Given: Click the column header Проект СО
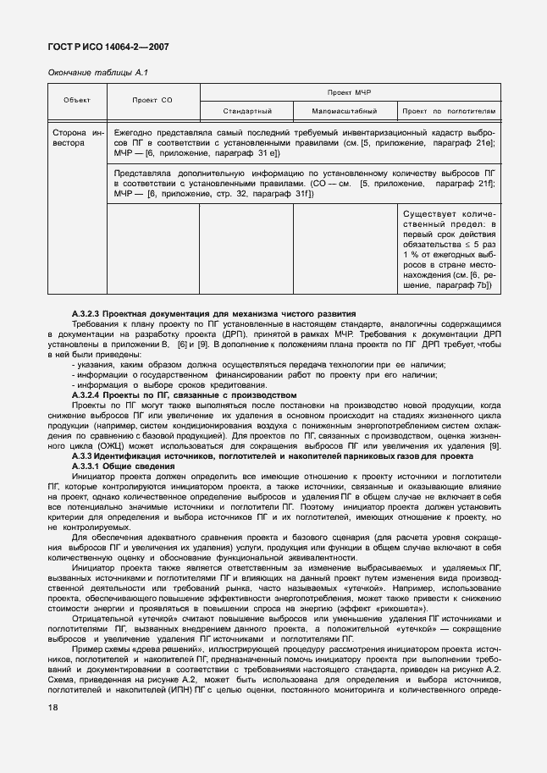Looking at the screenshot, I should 152,101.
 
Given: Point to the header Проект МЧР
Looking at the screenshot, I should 349,91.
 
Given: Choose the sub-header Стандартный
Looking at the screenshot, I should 246,111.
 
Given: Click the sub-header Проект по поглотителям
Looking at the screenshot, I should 448,111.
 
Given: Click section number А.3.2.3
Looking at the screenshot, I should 90,314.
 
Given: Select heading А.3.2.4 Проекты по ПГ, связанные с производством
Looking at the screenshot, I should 184,395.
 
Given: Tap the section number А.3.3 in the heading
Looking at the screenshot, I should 85,457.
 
